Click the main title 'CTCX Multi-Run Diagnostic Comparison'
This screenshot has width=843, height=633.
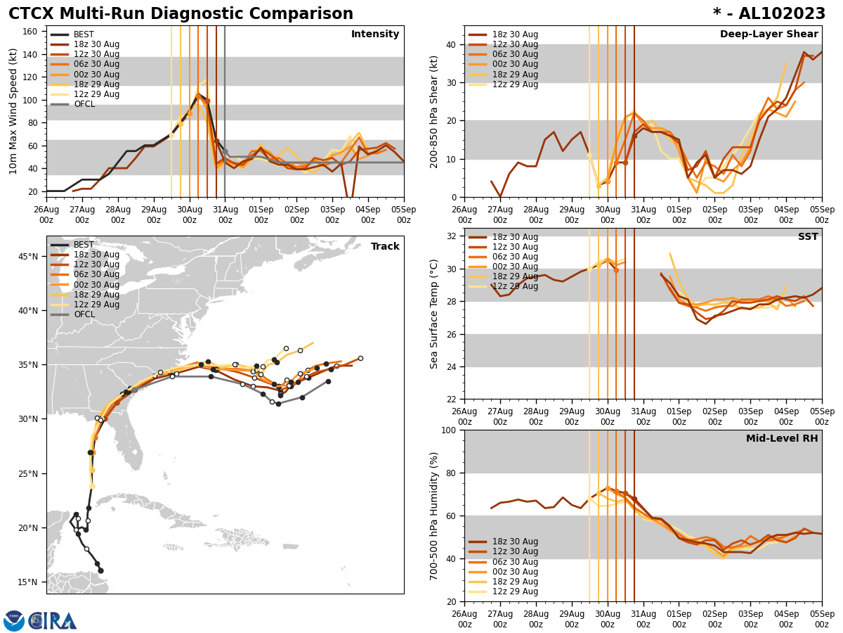pos(181,14)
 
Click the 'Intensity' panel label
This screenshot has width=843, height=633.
pos(375,34)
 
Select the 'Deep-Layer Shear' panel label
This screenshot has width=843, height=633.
pos(769,34)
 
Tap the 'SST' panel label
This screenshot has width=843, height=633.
pos(808,237)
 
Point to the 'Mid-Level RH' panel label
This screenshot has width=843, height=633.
pos(782,439)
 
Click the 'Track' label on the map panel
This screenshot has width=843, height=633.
pos(385,247)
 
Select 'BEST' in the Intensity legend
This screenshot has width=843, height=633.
pos(84,34)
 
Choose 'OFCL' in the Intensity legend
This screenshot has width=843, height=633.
pos(84,104)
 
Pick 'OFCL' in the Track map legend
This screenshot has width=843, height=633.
pos(84,314)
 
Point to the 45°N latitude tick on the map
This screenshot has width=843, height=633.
pos(28,256)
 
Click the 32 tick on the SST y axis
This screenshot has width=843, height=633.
pos(453,236)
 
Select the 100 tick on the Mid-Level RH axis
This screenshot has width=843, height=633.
pos(451,430)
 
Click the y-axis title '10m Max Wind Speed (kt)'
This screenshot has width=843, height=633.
pos(14,111)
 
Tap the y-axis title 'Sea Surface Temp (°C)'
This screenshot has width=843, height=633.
pos(434,314)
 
